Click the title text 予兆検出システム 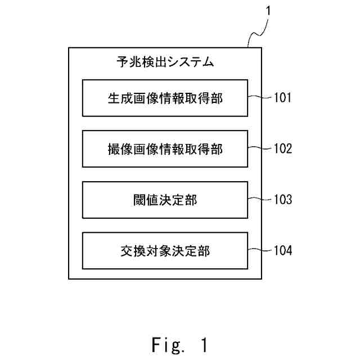[165, 62]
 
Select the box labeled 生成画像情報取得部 [165, 98]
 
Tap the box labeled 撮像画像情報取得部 [165, 148]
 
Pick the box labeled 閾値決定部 [165, 200]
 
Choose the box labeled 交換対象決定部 [165, 250]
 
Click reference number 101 [282, 97]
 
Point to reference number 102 [283, 148]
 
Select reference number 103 [283, 199]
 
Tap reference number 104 [283, 250]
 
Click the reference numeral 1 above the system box [268, 11]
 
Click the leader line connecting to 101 [260, 97]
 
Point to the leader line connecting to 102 [260, 148]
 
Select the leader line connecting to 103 [260, 199]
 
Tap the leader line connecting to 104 [260, 250]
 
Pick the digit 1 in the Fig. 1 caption [204, 344]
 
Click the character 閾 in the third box [139, 200]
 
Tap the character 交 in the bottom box [127, 251]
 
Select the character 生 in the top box [114, 98]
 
